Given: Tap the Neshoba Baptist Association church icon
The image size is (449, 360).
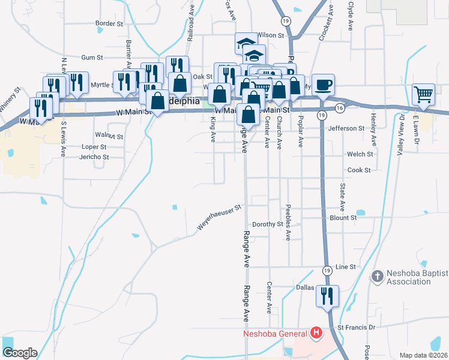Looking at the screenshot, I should (x=377, y=277).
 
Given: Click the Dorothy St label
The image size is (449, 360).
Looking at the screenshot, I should (x=268, y=224).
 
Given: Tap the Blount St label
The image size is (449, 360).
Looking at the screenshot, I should (x=345, y=218).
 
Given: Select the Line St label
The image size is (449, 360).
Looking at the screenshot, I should (x=346, y=266).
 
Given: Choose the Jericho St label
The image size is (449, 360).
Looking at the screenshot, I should (x=94, y=157).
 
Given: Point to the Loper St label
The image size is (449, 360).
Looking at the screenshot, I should (x=94, y=146).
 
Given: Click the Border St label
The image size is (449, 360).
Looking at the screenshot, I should (x=109, y=24).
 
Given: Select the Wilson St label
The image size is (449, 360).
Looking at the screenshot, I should (x=270, y=35).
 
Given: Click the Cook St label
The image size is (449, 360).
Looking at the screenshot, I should (x=359, y=170).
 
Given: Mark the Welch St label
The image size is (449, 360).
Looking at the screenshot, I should (x=360, y=154).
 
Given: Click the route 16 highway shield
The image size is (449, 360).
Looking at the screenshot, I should (x=340, y=108).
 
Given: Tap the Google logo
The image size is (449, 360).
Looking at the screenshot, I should (x=20, y=352).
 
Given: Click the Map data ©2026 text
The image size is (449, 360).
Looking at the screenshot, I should (x=424, y=355).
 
